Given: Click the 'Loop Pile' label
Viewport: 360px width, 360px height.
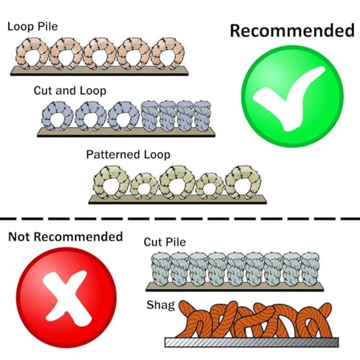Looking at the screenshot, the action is tap(32, 27).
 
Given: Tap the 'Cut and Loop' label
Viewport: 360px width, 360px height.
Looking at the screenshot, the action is tap(70, 91).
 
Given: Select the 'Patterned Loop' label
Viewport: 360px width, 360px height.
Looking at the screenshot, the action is tap(128, 155).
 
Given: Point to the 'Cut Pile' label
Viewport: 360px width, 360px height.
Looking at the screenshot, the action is tap(165, 242).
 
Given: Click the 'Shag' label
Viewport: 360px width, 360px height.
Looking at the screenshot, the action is tap(161, 305).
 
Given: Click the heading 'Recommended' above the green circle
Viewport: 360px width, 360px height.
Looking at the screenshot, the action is tap(292, 30).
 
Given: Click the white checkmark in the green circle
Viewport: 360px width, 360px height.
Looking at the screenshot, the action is tap(289, 99).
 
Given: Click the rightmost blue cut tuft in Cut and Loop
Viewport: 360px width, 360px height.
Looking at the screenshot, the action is tap(202, 116).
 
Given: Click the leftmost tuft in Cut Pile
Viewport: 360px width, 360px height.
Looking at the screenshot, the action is tap(161, 269).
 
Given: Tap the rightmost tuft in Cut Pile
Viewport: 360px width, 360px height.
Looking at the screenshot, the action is tap(310, 269).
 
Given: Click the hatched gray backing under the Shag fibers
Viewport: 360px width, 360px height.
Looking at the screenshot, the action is tap(252, 342).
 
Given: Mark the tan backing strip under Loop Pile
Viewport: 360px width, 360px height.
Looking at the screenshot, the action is tap(99, 71).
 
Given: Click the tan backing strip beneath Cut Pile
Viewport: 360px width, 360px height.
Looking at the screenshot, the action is tap(235, 287).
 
